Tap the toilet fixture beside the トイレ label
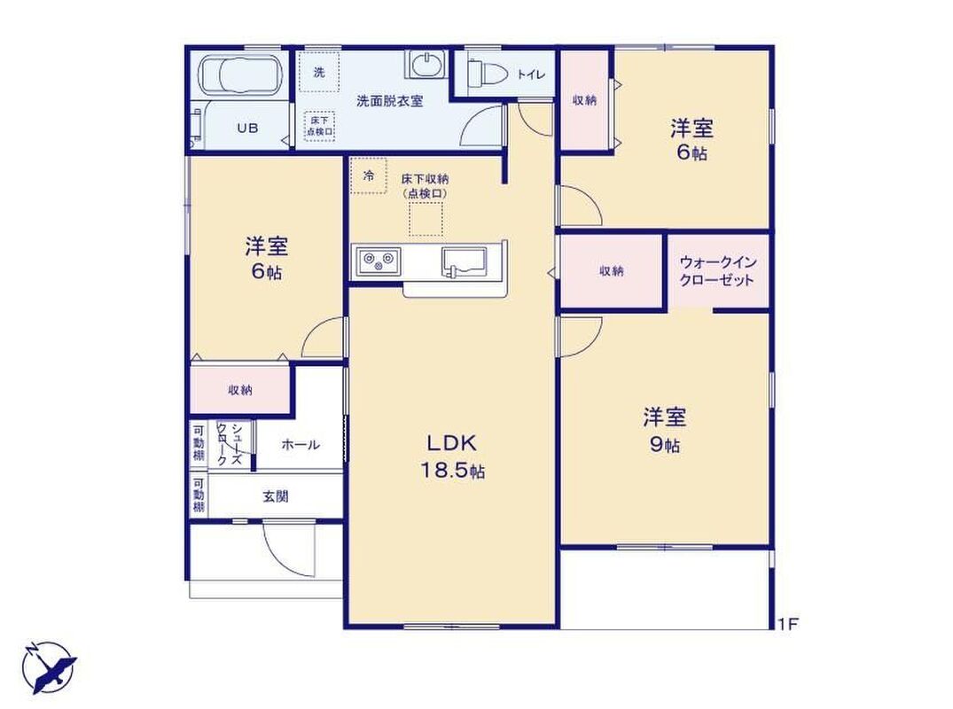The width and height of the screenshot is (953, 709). tap(488, 74)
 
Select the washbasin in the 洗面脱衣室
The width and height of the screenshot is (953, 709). tap(426, 65)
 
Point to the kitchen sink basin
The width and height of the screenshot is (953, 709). tap(465, 261)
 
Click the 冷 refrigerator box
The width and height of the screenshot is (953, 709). tap(368, 175)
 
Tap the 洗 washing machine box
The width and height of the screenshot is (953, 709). tap(318, 73)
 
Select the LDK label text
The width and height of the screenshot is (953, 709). tap(451, 443)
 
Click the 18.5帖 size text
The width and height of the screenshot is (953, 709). tap(453, 471)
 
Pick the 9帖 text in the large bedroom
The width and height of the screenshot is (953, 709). tap(665, 445)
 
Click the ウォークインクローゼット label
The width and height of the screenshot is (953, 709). tap(717, 271)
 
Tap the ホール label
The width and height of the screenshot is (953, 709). tap(301, 445)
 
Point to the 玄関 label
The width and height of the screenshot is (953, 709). tap(276, 497)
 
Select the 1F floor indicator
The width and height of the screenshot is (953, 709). tap(788, 624)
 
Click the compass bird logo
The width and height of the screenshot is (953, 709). tap(50, 666)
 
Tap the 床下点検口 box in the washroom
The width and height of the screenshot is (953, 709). tap(320, 126)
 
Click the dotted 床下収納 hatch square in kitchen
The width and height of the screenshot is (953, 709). tap(426, 219)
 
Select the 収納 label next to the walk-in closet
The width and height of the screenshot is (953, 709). tap(612, 271)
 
